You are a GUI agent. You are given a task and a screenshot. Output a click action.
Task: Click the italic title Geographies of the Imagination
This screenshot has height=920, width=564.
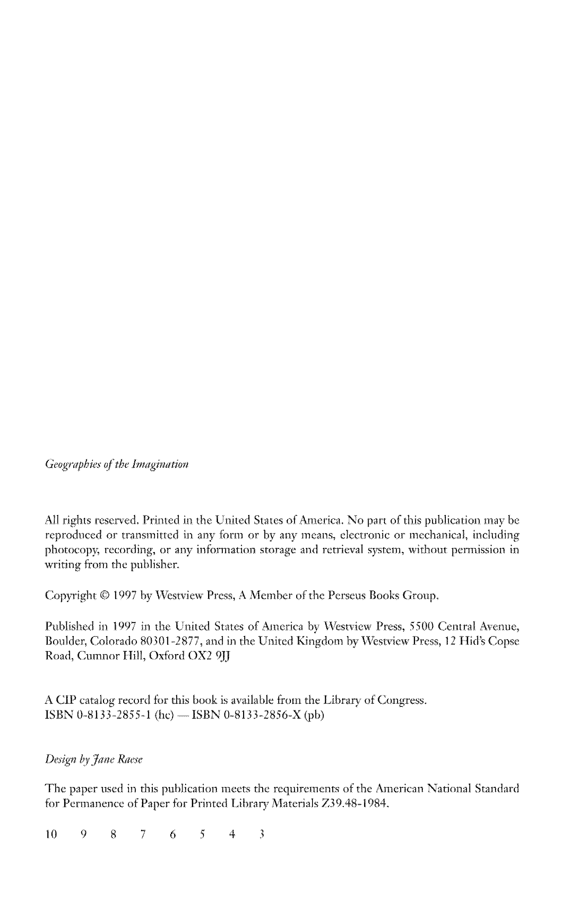[x=116, y=464]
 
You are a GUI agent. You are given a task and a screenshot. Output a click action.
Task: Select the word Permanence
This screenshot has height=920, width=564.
[x=91, y=803]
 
